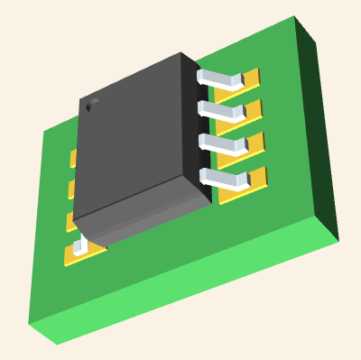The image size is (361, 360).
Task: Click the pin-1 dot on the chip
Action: [89, 106]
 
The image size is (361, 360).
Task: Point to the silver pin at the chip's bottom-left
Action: [82, 243]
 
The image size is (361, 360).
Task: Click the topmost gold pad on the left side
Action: [73, 159]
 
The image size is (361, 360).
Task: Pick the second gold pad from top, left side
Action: [71, 189]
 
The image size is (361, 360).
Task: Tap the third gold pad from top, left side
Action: [69, 222]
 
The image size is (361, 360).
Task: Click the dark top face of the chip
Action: [135, 135]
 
